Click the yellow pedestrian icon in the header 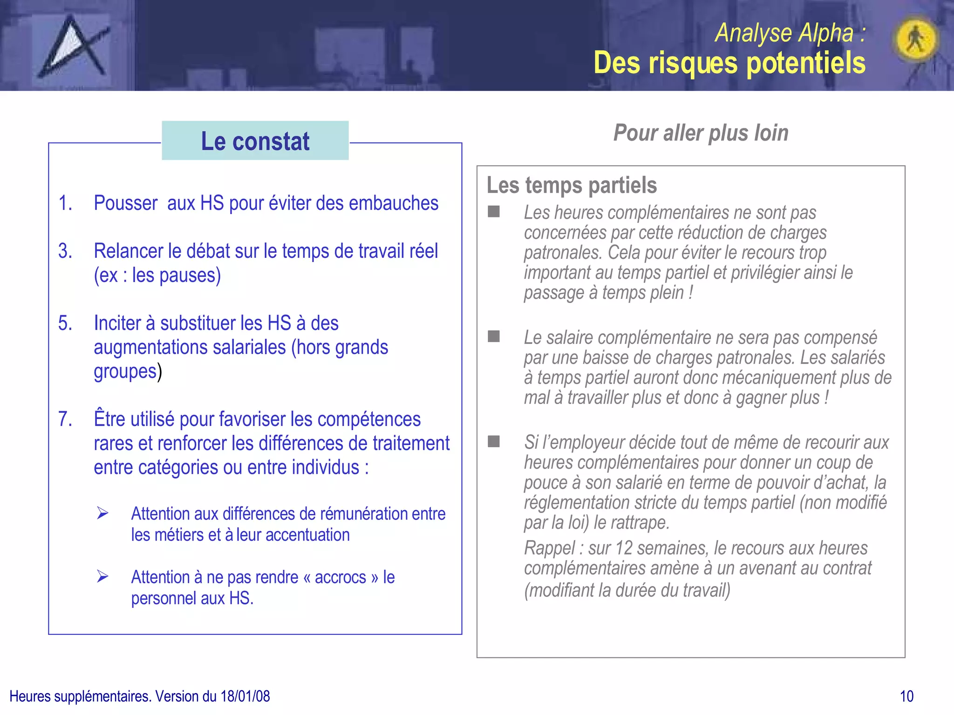(915, 39)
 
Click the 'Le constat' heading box (255, 141)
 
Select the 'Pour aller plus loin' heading (701, 133)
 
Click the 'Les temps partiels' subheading (572, 185)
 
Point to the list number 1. (65, 203)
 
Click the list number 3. (65, 251)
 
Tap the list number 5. (65, 324)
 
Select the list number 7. (65, 419)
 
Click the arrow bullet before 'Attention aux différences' (102, 513)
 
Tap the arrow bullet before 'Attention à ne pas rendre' (102, 577)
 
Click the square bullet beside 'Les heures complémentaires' (494, 212)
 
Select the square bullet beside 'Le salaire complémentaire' (494, 337)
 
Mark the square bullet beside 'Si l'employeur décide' (494, 441)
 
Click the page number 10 (906, 696)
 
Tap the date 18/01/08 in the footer (245, 696)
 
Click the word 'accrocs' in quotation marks (340, 577)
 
